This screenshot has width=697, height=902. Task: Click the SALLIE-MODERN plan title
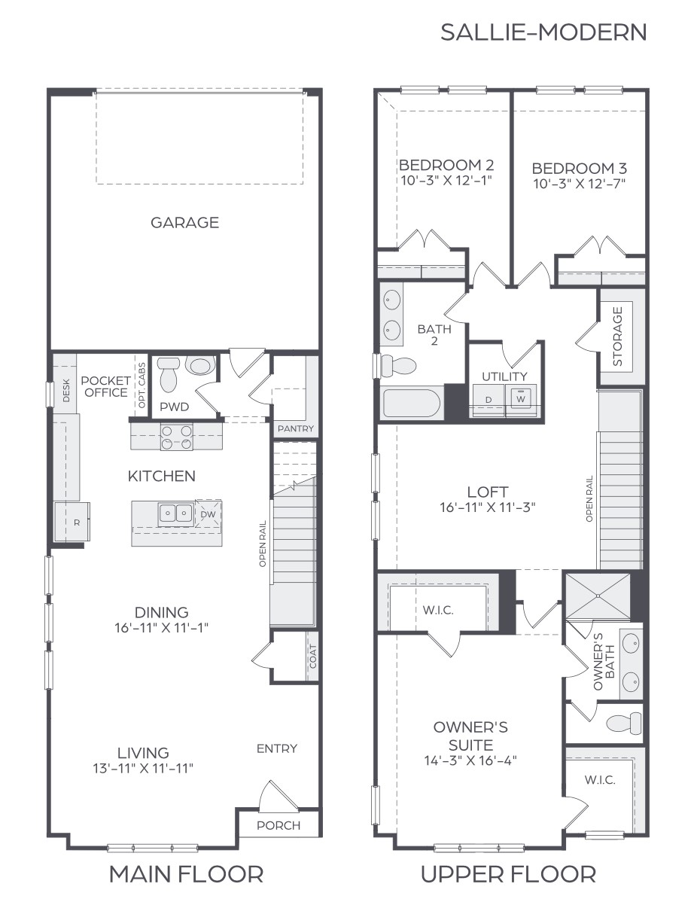click(x=543, y=32)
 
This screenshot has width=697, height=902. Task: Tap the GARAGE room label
click(x=184, y=223)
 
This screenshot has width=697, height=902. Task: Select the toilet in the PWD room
click(x=168, y=374)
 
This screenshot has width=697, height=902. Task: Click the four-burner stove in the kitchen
click(x=176, y=437)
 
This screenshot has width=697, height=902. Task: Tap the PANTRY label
click(x=295, y=429)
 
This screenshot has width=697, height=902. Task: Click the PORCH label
click(x=278, y=825)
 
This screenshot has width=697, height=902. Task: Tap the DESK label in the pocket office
click(x=66, y=389)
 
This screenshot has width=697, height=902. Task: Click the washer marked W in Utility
click(x=520, y=399)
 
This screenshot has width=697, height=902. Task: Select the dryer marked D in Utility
click(x=488, y=400)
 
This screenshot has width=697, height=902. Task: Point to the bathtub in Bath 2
click(x=411, y=403)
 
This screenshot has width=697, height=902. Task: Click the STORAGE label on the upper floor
click(x=618, y=336)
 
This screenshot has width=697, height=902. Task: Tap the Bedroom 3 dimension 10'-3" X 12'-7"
click(x=579, y=183)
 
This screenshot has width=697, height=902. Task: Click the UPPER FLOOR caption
click(x=508, y=874)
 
